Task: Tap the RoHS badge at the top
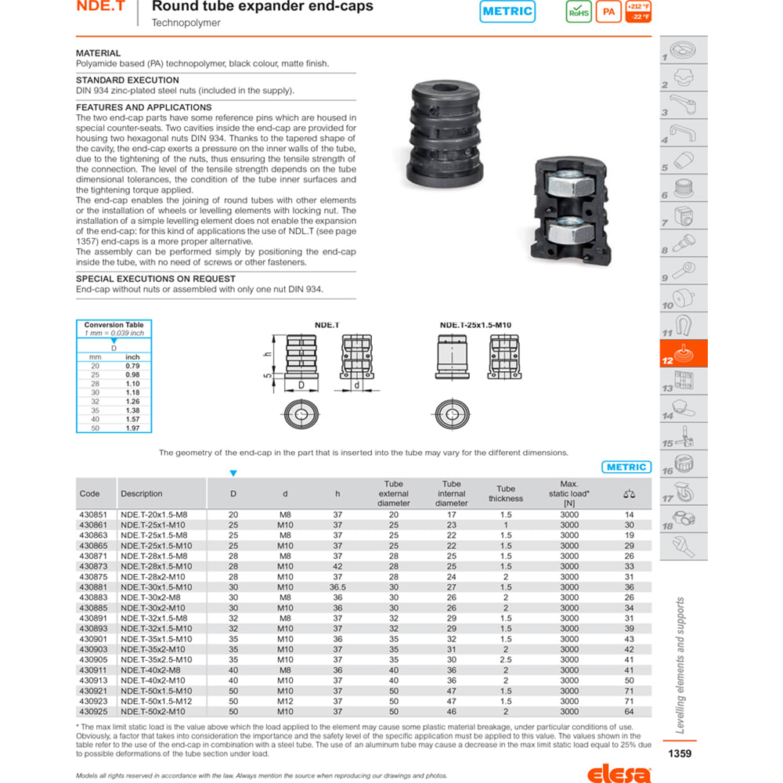579,12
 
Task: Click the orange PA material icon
608,12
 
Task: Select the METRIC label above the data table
626,467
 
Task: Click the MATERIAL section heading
98,53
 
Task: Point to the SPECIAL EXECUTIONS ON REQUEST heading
155,279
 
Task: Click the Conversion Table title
114,325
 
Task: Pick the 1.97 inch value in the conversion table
132,428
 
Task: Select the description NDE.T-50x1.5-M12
156,702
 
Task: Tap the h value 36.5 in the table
337,587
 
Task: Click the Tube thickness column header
506,493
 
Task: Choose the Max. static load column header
569,493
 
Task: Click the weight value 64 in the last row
629,712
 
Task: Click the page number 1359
679,754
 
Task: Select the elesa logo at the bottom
619,774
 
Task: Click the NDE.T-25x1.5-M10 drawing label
470,325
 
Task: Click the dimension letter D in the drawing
300,385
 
